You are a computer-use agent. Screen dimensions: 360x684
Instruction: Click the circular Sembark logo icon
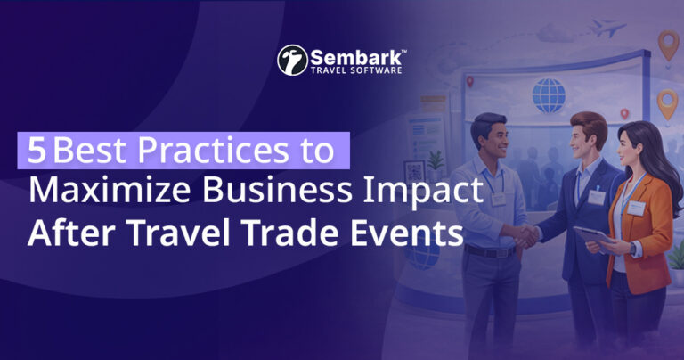292,60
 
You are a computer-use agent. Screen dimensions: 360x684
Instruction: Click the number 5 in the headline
37,150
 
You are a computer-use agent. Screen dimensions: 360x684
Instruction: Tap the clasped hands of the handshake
529,236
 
